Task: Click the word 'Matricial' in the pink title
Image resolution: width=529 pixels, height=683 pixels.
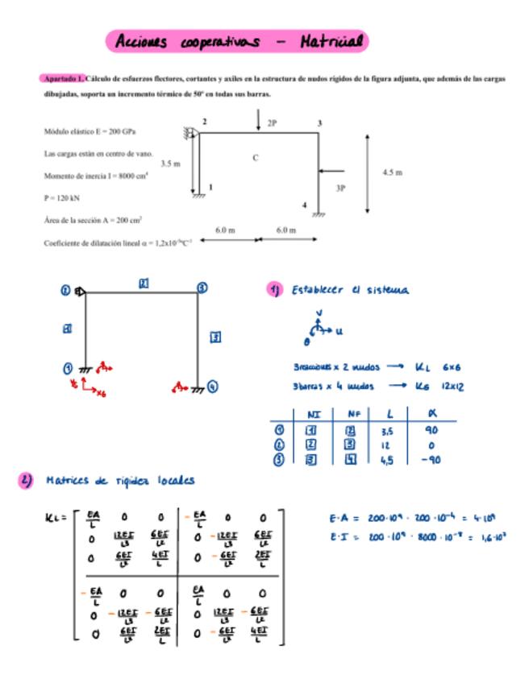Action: click(331, 40)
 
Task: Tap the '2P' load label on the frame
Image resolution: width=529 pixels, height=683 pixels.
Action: click(272, 123)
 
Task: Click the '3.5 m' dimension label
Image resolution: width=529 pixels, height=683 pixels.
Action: click(170, 164)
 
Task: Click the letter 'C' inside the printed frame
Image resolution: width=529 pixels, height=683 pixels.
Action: click(256, 158)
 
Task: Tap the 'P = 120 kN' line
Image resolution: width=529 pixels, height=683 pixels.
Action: click(63, 197)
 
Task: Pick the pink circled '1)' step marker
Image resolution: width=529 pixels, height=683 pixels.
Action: click(275, 289)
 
